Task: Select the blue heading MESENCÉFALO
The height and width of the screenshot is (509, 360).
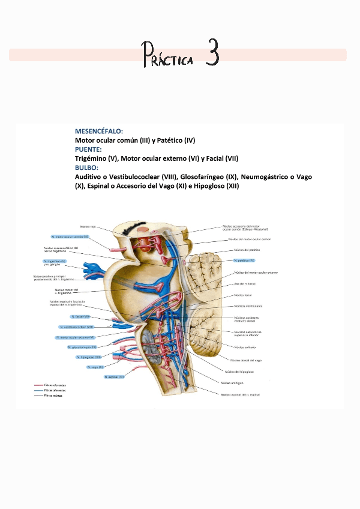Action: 99,131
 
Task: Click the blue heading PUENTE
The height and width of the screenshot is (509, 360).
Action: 88,149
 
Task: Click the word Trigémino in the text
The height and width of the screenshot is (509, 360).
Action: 91,158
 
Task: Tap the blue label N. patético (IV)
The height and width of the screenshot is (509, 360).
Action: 244,261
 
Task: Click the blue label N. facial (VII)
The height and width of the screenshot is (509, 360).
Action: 80,316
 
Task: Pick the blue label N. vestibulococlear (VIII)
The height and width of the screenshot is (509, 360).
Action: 77,327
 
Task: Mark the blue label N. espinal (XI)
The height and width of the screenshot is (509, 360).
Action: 114,377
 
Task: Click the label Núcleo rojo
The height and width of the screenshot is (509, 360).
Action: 88,227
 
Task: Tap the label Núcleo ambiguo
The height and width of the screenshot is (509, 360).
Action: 232,382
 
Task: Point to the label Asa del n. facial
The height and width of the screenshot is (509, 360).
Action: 245,283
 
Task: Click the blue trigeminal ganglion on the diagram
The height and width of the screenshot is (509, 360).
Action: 94,267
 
